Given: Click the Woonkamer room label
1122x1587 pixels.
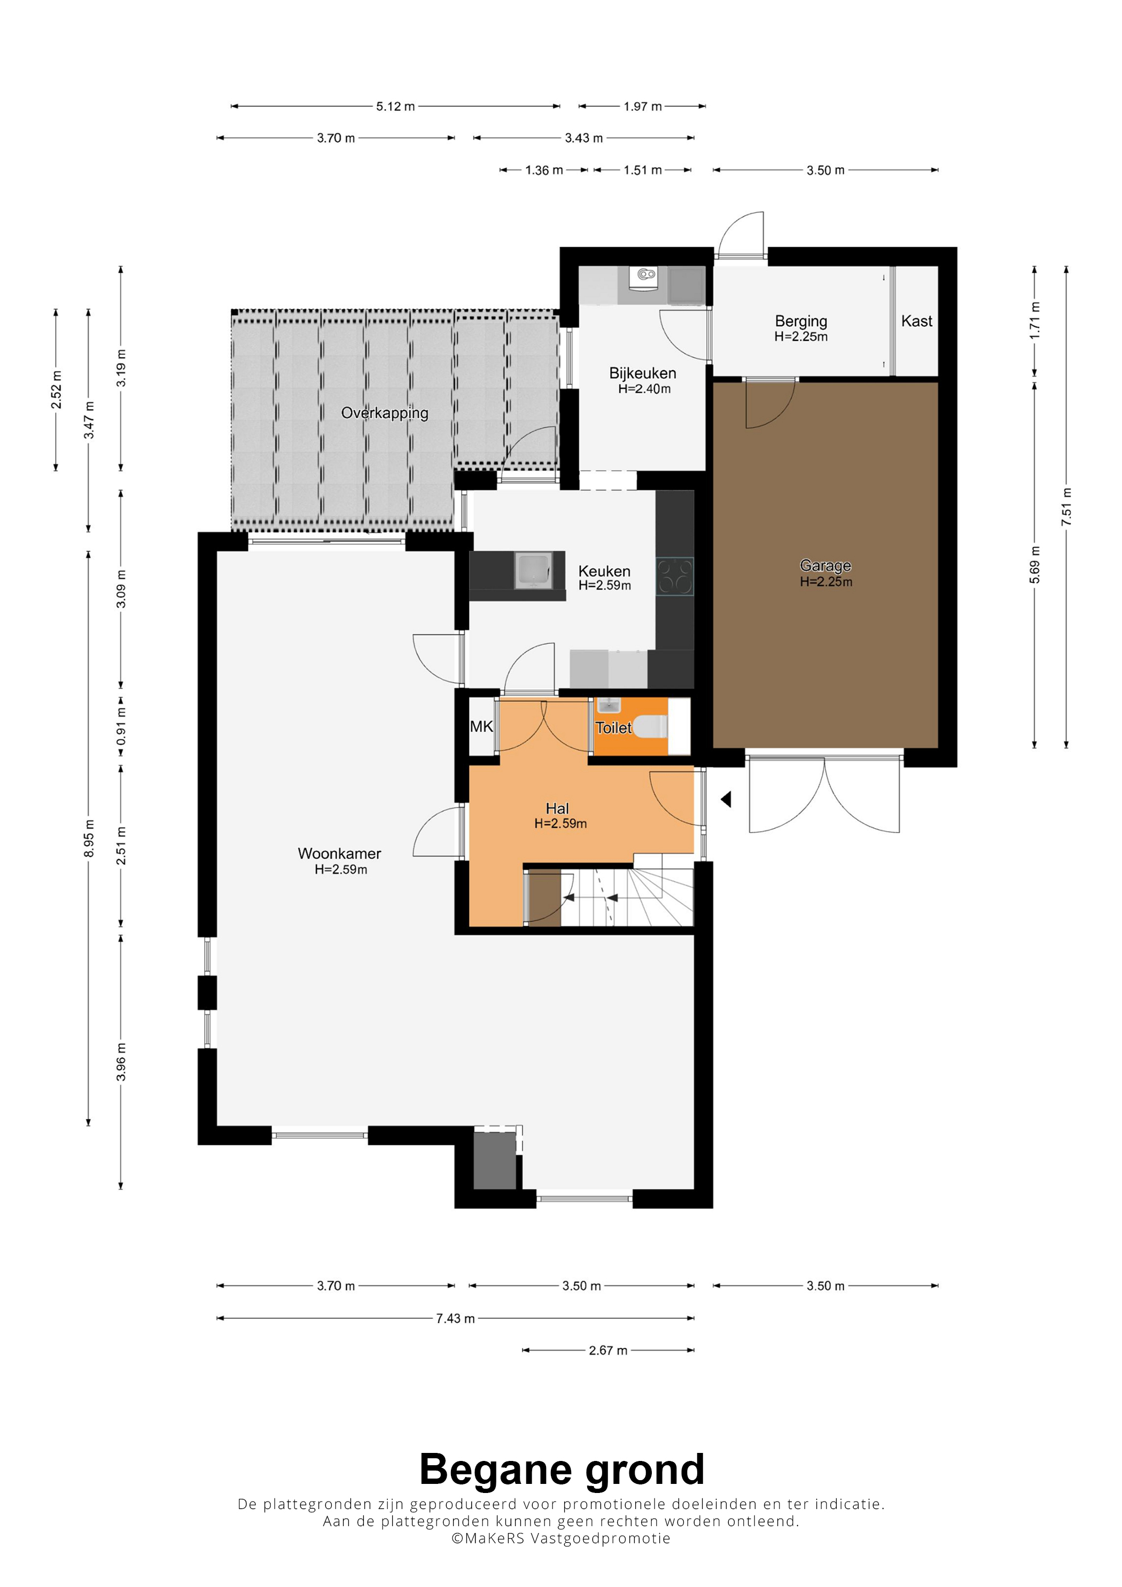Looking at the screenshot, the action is click(x=339, y=854).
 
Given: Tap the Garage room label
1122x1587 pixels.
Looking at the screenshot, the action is click(x=825, y=565).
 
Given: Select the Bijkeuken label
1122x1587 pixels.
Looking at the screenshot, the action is click(x=643, y=373).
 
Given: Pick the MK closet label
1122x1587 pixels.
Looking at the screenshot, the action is click(x=481, y=726).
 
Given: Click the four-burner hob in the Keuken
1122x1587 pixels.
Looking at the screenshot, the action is click(x=675, y=576).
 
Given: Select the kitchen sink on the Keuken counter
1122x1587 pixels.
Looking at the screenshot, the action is click(x=533, y=571).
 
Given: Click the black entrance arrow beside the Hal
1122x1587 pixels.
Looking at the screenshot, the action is click(x=726, y=800).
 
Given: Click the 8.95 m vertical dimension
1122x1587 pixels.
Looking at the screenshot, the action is click(x=89, y=839).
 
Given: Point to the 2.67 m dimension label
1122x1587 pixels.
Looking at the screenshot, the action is click(x=609, y=1350).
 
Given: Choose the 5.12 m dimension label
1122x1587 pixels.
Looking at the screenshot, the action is click(x=395, y=106).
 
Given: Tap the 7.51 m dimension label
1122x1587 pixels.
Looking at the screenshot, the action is click(x=1066, y=506).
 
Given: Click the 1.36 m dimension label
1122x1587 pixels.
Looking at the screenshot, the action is click(x=544, y=170).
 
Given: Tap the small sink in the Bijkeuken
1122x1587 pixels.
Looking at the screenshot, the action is click(x=646, y=276).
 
